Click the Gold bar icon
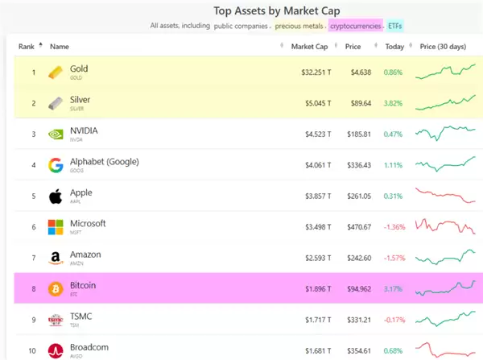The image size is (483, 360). click(x=56, y=72)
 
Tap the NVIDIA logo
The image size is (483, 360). click(x=56, y=134)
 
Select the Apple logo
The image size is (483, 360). click(x=56, y=197)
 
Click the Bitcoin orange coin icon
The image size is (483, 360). click(x=56, y=288)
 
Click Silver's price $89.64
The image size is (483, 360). click(x=357, y=103)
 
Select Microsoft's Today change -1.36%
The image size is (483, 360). click(x=394, y=227)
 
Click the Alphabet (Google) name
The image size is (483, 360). click(x=105, y=162)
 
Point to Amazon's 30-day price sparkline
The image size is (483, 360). click(x=446, y=258)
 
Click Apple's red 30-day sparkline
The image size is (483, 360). click(x=446, y=197)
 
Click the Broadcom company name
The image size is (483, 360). click(x=90, y=347)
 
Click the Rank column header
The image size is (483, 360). click(x=28, y=47)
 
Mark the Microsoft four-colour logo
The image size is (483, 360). click(x=56, y=227)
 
